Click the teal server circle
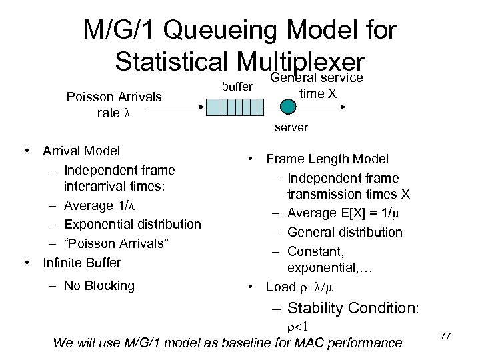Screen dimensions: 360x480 (287, 107)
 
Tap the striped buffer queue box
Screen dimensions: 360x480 (231, 107)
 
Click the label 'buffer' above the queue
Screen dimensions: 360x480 (236, 87)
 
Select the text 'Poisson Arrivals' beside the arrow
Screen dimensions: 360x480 (115, 97)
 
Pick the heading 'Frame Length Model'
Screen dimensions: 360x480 (328, 159)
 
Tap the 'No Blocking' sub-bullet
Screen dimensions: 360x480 (99, 286)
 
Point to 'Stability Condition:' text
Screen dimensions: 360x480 (353, 308)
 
